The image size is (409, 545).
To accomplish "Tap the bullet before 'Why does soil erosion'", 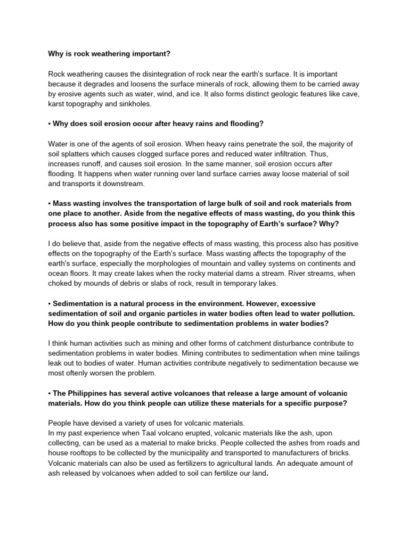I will [x=49, y=123].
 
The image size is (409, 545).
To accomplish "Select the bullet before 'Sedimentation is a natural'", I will [x=49, y=303].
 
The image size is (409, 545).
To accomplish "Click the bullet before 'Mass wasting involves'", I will [x=49, y=203].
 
